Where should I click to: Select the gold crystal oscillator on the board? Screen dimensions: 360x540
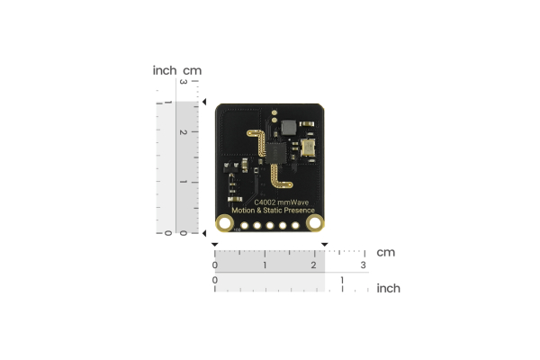(x=309, y=148)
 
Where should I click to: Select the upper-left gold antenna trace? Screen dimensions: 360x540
(x=260, y=143)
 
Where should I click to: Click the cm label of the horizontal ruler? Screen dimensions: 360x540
(x=386, y=253)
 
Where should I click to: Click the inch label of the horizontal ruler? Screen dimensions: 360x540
(x=388, y=288)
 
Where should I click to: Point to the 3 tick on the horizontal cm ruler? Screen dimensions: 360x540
(x=364, y=265)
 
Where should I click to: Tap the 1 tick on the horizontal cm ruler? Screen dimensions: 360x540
(x=265, y=265)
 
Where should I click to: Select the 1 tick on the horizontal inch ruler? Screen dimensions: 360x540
(x=342, y=282)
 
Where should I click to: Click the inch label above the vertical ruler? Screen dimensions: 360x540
(x=165, y=70)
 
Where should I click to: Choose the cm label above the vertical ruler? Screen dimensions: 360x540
(x=192, y=70)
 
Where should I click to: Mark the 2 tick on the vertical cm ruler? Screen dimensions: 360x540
(x=184, y=132)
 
